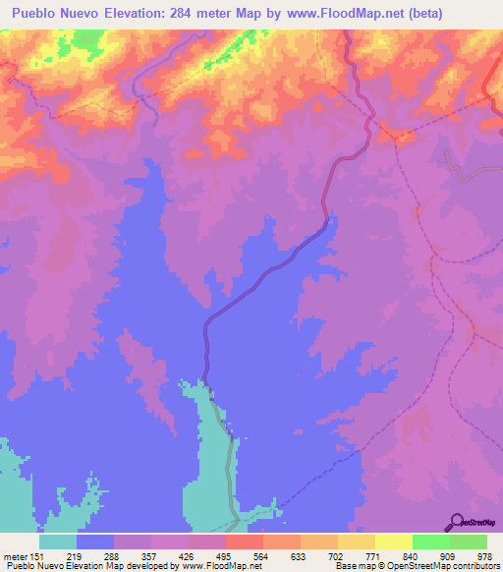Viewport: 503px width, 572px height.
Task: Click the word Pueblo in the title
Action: (x=35, y=14)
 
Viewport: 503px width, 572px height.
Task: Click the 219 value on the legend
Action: (x=76, y=555)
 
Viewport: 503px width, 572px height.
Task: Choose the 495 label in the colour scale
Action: (x=225, y=555)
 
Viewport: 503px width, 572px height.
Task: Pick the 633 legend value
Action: (x=300, y=555)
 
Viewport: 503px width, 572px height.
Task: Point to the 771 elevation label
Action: (x=374, y=555)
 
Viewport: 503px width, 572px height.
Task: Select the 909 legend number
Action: (x=449, y=555)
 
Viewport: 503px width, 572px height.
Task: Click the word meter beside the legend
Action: (x=15, y=555)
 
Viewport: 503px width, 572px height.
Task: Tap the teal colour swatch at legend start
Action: (x=58, y=542)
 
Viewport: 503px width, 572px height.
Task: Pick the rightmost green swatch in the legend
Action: (x=469, y=542)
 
